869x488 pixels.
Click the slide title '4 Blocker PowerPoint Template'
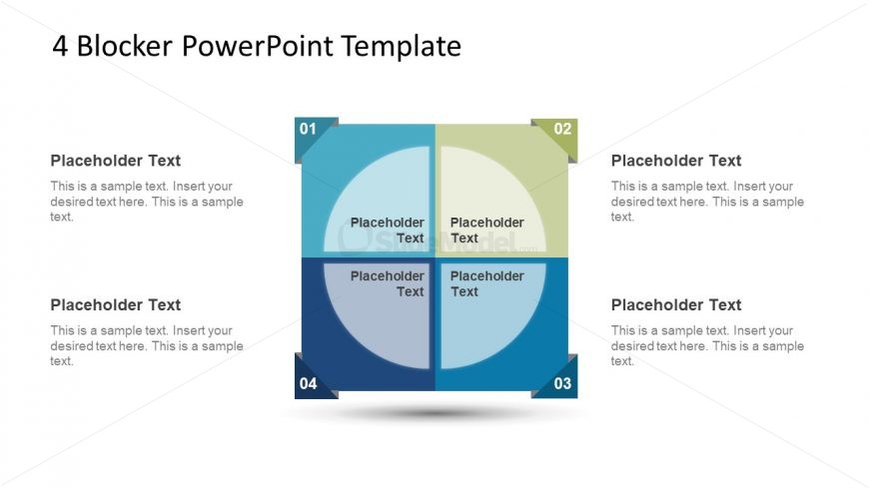pos(257,46)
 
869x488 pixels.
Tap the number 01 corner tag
pos(309,129)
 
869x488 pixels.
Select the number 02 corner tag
pos(562,129)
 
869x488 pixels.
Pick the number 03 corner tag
pos(562,383)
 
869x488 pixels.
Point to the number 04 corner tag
pos(309,383)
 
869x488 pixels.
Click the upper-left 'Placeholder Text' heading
pos(116,161)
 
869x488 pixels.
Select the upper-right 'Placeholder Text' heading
pos(676,161)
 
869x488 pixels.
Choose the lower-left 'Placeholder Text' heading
pos(116,305)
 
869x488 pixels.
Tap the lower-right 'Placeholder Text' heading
pos(676,305)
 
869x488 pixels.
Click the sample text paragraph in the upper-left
pos(147,202)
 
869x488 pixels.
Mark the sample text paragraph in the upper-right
pos(707,202)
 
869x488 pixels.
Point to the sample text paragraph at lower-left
pos(147,346)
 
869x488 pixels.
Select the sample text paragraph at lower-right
pos(707,346)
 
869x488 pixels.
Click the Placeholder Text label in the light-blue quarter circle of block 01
pos(388,231)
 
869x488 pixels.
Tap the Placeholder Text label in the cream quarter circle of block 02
pos(486,231)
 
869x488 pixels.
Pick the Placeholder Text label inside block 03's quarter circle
pos(486,284)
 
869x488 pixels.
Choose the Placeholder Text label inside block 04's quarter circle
pos(388,284)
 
